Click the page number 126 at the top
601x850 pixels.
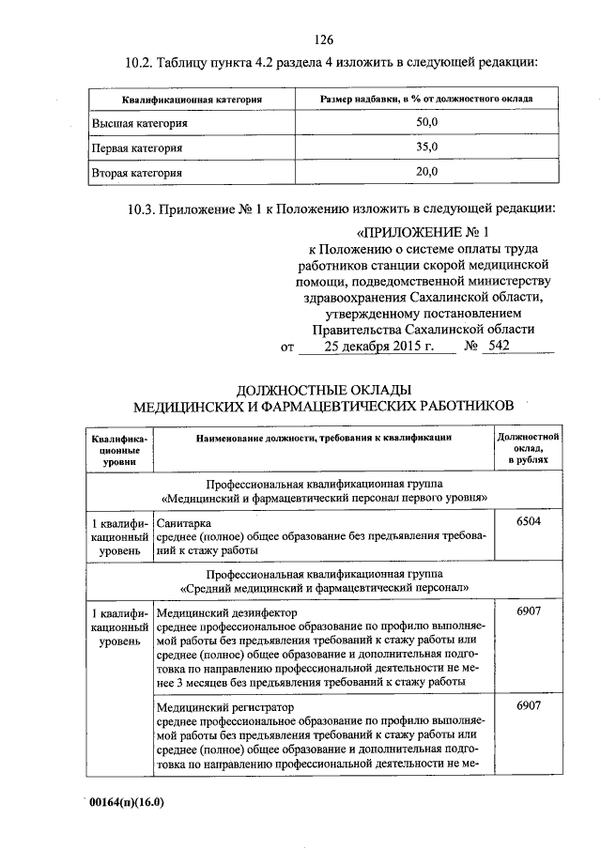point(325,39)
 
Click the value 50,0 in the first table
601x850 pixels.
point(426,123)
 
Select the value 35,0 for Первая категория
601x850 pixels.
point(426,147)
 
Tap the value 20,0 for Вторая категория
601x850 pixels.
point(426,172)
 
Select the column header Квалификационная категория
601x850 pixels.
point(191,99)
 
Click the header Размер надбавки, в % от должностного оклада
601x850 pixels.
point(426,99)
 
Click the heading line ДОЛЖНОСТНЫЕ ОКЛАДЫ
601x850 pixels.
point(324,389)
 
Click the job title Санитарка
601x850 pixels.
point(184,522)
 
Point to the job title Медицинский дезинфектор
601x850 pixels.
point(226,612)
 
